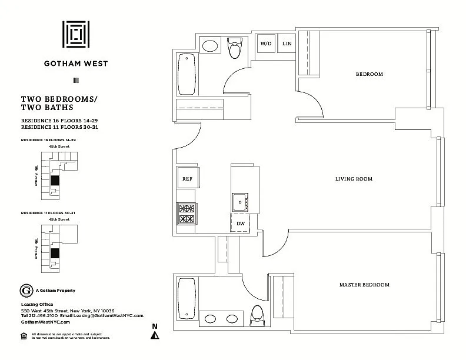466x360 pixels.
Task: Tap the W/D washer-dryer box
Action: click(x=267, y=44)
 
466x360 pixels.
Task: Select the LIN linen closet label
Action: click(x=287, y=44)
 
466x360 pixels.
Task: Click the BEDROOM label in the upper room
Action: click(x=370, y=74)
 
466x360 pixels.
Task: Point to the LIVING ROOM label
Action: click(x=354, y=179)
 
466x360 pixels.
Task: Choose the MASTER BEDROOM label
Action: click(x=364, y=285)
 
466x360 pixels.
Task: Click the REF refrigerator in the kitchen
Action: click(x=187, y=178)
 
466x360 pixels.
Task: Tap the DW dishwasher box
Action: click(x=241, y=224)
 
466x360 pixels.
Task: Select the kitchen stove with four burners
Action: click(x=187, y=213)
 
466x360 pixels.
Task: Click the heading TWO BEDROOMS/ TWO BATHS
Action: click(x=59, y=104)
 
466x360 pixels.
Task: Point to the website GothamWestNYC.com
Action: click(x=45, y=322)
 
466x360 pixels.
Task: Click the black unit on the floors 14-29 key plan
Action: click(x=55, y=181)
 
